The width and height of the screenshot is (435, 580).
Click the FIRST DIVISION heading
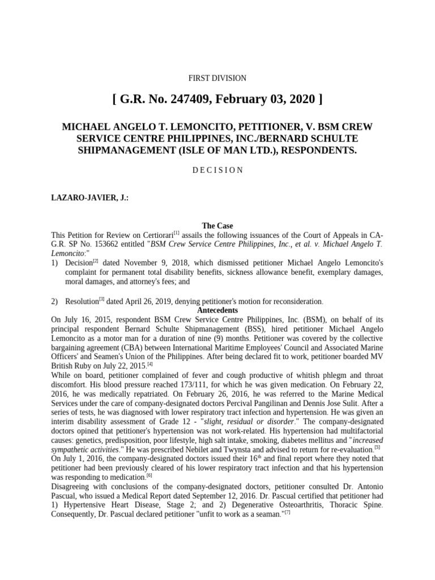[x=217, y=79]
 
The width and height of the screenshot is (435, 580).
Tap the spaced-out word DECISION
[x=217, y=170]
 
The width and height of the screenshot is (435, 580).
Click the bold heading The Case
[x=217, y=226]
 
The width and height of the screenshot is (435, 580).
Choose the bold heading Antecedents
[x=217, y=311]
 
